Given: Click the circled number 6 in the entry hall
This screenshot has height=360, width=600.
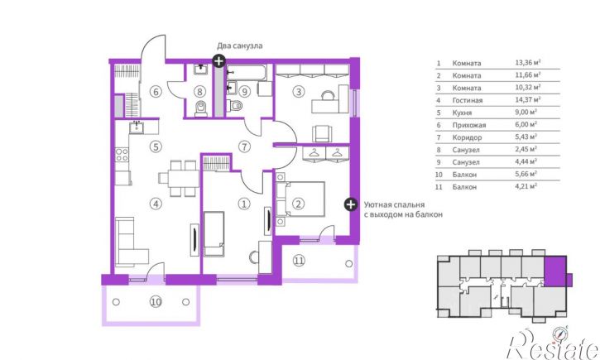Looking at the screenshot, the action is coord(156,92).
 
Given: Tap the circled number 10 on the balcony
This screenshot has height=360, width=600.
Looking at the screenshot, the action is coord(156,302).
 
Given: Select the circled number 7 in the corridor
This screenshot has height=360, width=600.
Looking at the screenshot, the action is coord(244,146).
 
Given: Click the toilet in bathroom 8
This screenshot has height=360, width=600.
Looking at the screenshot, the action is coord(201,108).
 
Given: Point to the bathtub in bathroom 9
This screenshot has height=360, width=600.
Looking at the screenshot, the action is coord(245,72).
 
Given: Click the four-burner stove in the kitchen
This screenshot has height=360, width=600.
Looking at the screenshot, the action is coord(122,155).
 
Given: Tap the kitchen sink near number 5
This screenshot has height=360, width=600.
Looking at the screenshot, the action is coord(137,127).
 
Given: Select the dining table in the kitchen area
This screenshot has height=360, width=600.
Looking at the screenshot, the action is coord(179,178).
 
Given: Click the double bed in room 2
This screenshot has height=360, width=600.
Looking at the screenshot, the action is coord(300,199).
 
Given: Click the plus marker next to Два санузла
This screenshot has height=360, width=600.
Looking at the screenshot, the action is coord(218,61).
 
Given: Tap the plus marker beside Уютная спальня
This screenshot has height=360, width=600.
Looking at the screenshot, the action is coord(350,204).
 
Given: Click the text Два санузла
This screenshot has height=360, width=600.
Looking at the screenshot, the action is coord(240,46).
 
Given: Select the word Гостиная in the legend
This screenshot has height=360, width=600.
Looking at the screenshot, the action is coord(468,100).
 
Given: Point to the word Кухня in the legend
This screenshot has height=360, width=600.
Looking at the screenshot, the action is coord(462,113).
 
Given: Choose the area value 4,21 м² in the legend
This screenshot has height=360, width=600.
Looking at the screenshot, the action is coord(526,187).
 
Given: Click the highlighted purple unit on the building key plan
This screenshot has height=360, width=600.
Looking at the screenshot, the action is coord(555,272).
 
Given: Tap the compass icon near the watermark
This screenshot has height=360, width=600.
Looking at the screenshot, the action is coord(559,334).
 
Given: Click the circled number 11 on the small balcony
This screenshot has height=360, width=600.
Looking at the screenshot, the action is coord(299,261).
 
